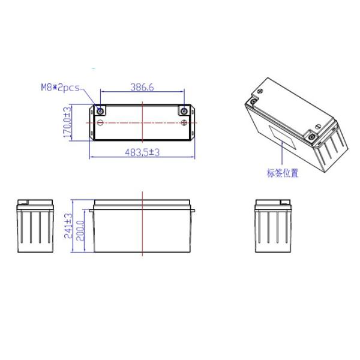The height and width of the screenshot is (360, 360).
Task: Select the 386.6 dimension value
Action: click(142, 88)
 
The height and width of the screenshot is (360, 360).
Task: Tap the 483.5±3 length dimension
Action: click(142, 153)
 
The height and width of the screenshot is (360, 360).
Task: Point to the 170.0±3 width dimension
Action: click(68, 123)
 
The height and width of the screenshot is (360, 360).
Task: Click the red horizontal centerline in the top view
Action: click(120, 122)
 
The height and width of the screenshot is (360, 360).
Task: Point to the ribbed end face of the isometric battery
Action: click(331, 144)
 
